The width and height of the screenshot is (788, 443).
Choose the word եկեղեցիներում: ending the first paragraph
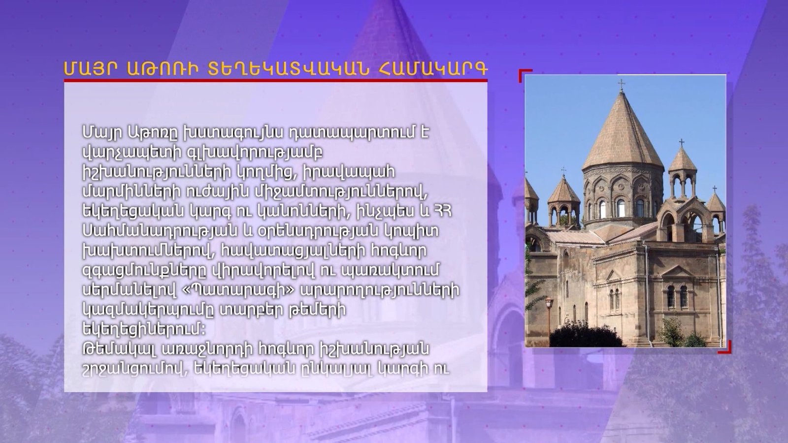click(x=144, y=330)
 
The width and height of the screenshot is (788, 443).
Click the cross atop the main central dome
click(x=622, y=85)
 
